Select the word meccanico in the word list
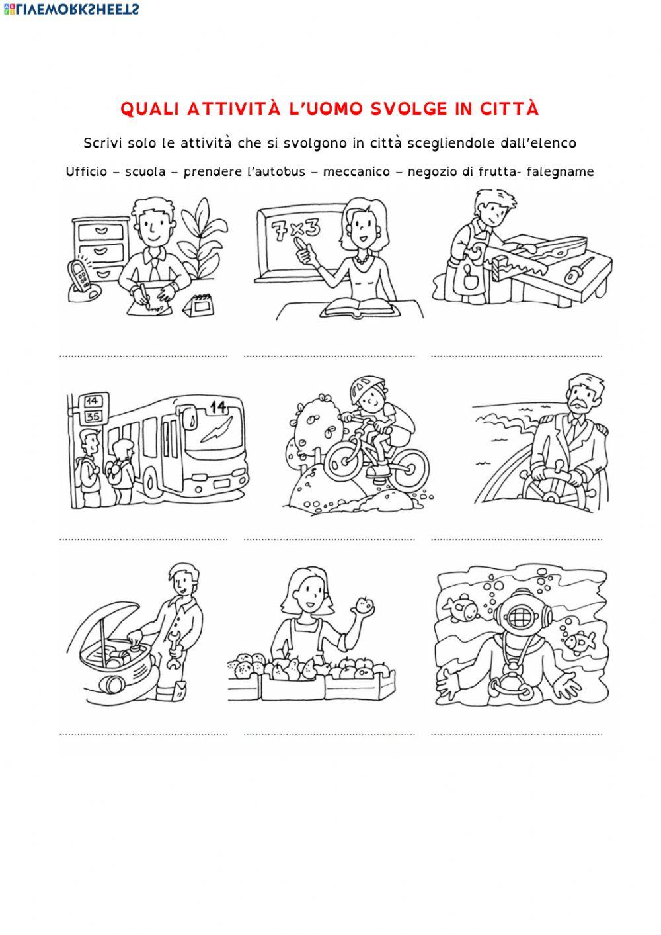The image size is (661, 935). click(x=356, y=171)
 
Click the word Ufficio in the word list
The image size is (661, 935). click(x=87, y=171)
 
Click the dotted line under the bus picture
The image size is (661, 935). click(x=143, y=539)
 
